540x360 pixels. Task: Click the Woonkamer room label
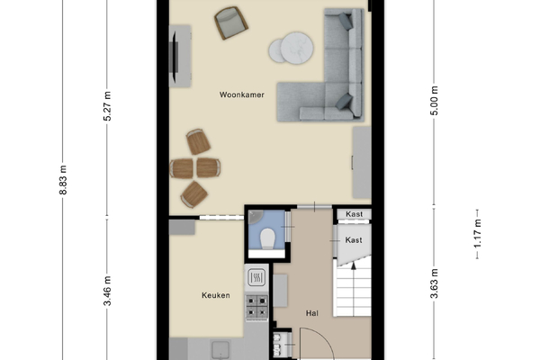coord(242,94)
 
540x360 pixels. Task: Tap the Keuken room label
coord(216,295)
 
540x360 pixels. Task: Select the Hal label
coord(312,313)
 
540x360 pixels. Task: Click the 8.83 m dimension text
coord(63,180)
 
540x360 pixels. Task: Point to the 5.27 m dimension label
coord(107,106)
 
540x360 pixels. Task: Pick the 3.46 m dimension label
coord(107,291)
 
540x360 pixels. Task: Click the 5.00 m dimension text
coord(435,101)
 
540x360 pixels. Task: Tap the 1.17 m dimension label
coord(477,234)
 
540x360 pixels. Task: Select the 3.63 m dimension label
coord(435,283)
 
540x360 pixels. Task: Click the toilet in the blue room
coord(267,238)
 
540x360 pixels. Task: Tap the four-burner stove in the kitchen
coord(256,307)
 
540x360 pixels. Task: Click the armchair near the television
coord(231,22)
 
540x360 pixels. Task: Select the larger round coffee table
coord(297,49)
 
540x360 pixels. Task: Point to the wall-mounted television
coord(175,57)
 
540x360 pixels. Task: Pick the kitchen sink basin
coord(220,350)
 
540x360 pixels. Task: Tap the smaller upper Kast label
coord(354,214)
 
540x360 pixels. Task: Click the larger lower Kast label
coord(354,239)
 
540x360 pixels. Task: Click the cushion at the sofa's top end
coord(346,22)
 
